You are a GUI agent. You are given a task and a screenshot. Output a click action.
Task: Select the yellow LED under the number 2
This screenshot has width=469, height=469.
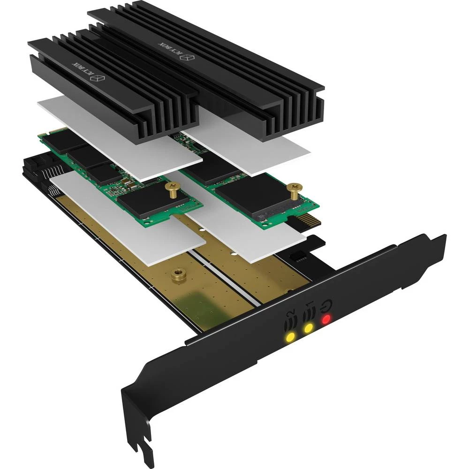click(291, 337)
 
